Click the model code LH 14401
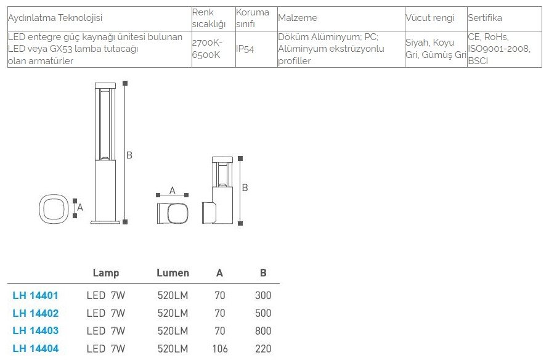(35, 295)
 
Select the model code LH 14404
(35, 348)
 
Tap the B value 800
(263, 330)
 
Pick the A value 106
(220, 348)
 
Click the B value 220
(263, 348)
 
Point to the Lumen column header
(173, 273)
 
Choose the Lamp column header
(106, 273)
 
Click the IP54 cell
(245, 49)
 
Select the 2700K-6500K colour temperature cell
(207, 49)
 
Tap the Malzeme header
(298, 18)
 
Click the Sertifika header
(485, 18)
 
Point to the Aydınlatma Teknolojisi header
(55, 18)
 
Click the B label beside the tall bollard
(129, 155)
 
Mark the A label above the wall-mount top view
(173, 190)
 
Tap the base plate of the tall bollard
(105, 222)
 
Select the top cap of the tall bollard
(105, 86)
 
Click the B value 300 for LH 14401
(263, 295)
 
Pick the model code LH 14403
(35, 330)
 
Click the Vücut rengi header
(430, 18)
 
